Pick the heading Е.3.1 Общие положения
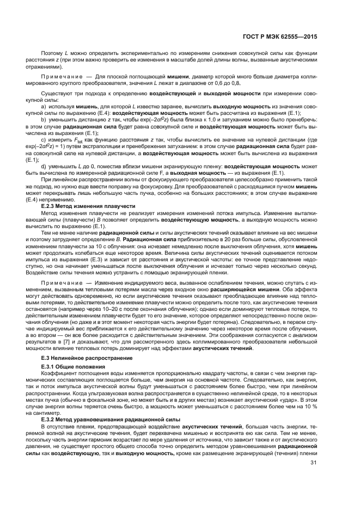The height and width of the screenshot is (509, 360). click(75, 368)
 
